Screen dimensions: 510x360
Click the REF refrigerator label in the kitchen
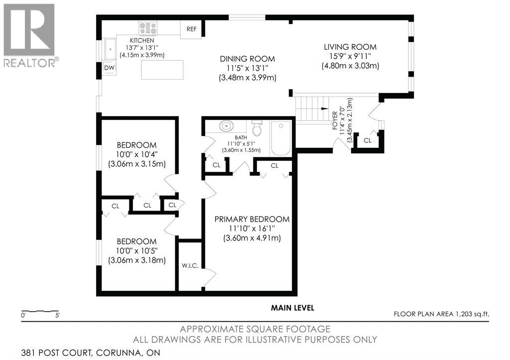point(192,29)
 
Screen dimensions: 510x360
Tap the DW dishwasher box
point(109,68)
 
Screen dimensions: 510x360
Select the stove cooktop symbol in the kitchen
point(148,28)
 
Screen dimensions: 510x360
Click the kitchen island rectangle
point(162,70)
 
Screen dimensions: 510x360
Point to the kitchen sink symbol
point(110,49)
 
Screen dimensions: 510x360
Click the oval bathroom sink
point(226,126)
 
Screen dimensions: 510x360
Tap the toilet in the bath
point(257,128)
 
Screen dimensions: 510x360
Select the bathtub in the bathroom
point(281,138)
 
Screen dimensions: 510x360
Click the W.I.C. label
point(190,266)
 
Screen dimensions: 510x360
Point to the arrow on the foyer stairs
point(323,109)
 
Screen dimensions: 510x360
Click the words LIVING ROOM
point(350,47)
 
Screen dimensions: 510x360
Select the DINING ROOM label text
point(248,59)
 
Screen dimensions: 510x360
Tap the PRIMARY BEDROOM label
point(252,219)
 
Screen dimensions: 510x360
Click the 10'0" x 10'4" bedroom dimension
point(137,154)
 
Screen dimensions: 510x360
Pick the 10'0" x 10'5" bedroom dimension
point(137,251)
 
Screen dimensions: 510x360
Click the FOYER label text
point(335,121)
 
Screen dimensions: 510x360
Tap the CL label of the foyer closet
point(368,140)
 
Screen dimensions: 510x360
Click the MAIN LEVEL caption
point(293,308)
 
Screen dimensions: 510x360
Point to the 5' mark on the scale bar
point(58,315)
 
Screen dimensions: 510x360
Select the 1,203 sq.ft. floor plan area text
point(473,314)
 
